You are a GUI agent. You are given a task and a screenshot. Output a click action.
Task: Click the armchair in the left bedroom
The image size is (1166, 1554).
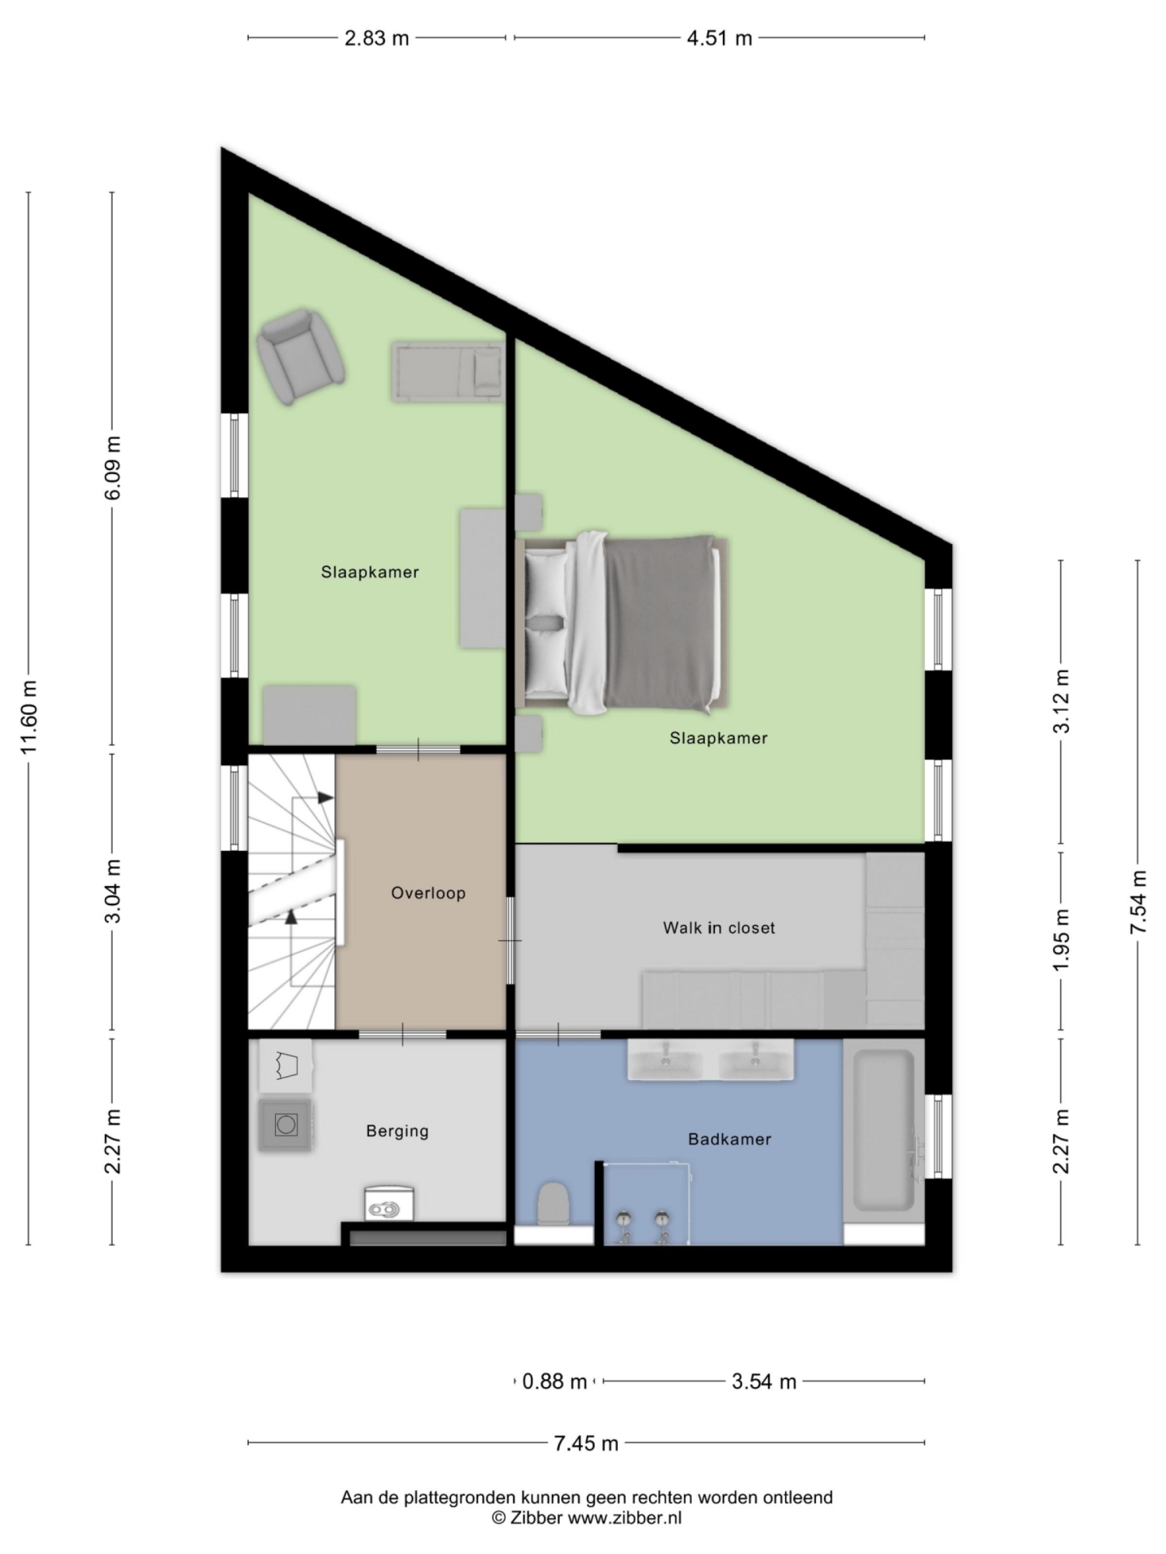301,355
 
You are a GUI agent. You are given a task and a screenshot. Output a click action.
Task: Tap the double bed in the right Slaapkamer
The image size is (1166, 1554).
623,623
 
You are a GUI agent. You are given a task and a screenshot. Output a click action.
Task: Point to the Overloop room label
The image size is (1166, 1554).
428,893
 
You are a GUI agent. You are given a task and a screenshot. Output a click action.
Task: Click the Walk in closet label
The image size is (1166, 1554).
718,928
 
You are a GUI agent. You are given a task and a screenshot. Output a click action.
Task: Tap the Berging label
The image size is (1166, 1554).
397,1131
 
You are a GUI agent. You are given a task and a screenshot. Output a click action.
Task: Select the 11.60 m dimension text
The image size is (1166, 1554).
28,717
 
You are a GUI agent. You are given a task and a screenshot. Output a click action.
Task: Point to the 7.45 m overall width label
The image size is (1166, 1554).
585,1443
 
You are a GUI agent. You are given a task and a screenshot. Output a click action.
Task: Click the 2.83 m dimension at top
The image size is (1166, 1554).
376,38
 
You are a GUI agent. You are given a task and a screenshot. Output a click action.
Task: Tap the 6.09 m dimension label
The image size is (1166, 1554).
112,467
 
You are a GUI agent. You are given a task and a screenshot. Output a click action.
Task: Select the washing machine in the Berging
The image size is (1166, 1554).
285,1125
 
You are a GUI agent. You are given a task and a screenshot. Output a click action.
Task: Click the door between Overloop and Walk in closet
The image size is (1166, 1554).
510,940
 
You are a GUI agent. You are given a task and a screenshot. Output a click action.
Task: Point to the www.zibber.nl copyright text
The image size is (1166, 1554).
586,1518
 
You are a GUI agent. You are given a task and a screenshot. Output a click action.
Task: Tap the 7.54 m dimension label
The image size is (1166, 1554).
1138,901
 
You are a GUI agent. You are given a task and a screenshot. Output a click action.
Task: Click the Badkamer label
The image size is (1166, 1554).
729,1139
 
